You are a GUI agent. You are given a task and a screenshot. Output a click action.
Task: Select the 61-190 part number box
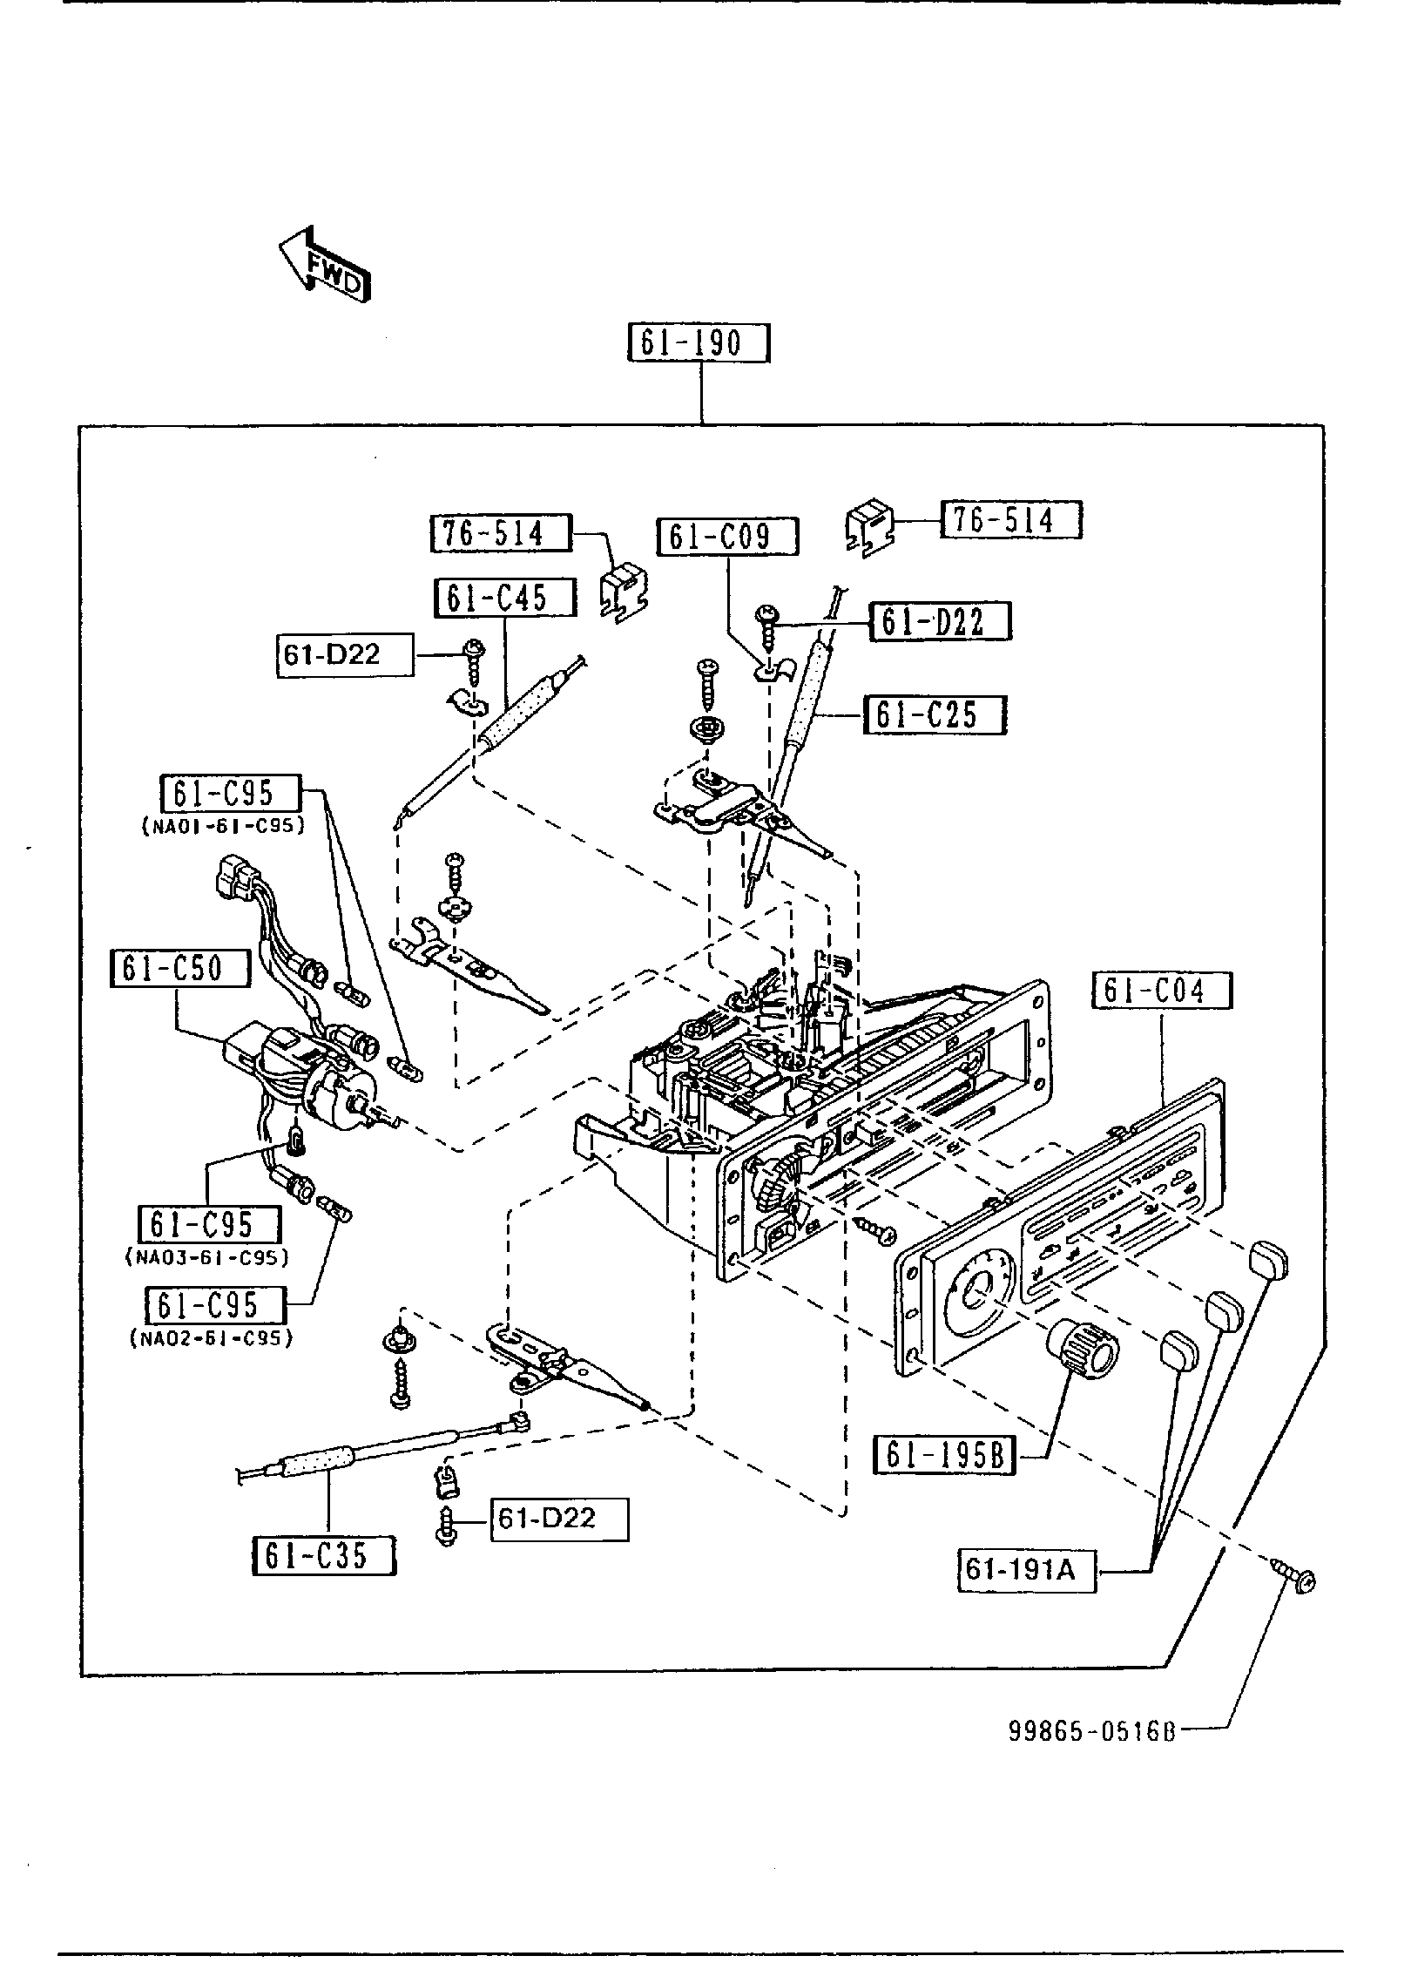click(699, 342)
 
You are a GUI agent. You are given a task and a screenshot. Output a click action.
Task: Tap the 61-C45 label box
click(505, 599)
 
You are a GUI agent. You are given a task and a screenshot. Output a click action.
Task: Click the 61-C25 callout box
click(935, 714)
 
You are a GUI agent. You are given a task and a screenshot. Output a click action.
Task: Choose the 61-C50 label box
click(180, 968)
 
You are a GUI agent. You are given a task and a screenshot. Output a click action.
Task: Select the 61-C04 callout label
click(1163, 991)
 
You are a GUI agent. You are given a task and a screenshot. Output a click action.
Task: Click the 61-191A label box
click(1027, 1570)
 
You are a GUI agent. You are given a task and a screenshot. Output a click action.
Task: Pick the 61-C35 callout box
click(324, 1555)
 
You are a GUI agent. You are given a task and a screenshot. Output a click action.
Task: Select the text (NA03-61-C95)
click(206, 1257)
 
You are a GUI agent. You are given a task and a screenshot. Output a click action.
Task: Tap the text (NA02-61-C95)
click(212, 1337)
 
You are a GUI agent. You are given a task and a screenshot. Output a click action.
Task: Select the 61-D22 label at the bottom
click(559, 1519)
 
